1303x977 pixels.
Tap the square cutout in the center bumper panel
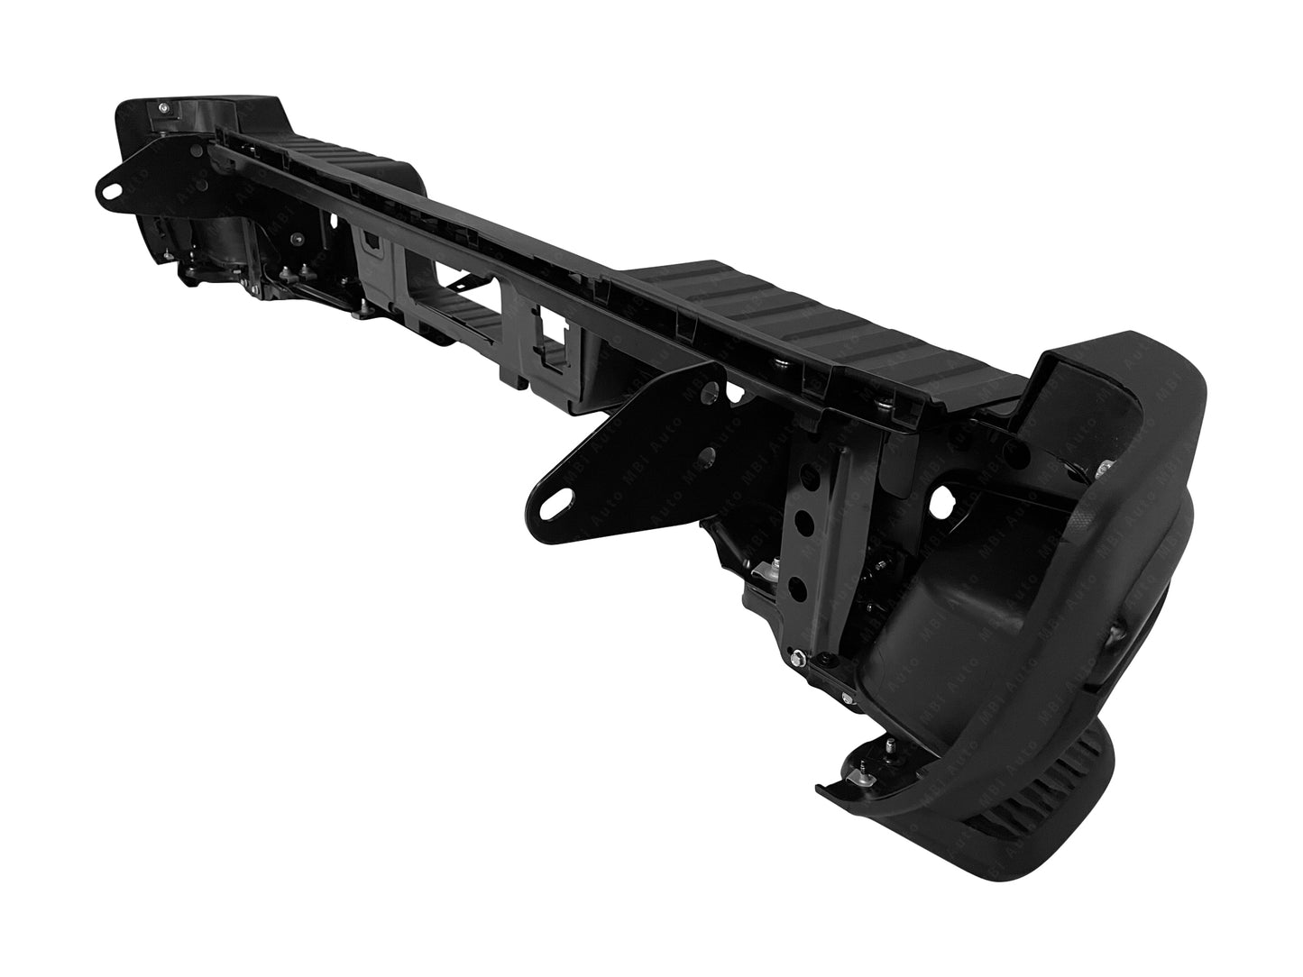pos(548,323)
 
